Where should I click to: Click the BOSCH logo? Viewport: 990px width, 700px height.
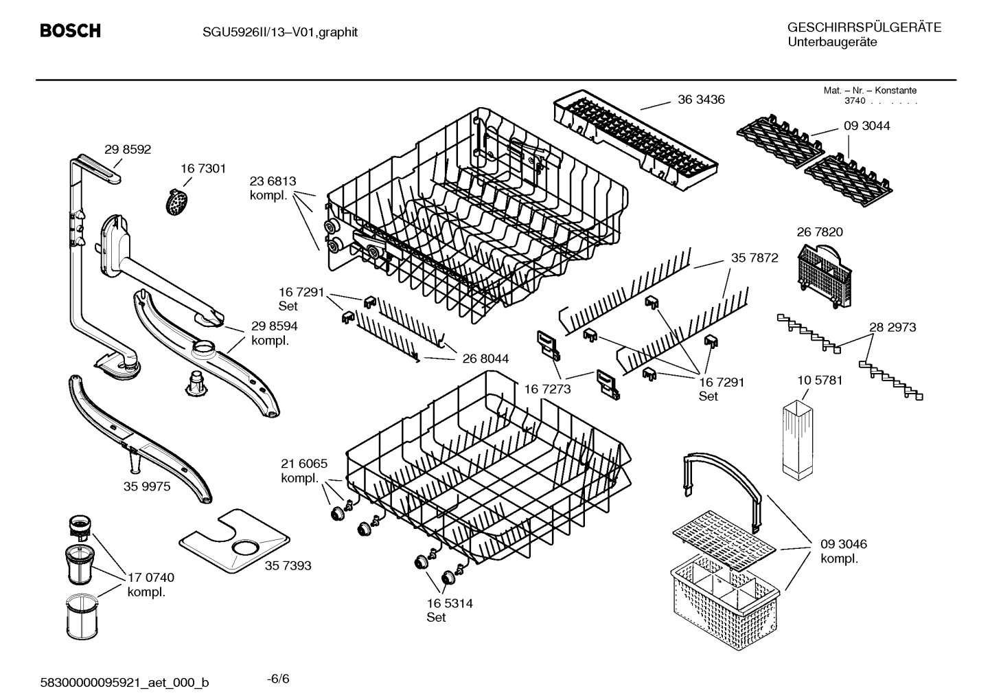70,31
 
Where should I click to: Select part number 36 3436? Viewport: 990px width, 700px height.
701,100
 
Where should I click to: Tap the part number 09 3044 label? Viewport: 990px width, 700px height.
866,126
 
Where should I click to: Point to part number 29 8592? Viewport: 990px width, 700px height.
128,150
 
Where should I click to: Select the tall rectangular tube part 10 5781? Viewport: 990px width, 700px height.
796,439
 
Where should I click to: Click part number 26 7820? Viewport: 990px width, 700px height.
819,232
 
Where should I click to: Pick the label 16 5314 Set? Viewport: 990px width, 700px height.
449,610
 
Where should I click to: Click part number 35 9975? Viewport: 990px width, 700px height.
147,486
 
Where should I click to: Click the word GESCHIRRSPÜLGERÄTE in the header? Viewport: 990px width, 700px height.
864,27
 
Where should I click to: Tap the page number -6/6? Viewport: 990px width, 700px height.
278,679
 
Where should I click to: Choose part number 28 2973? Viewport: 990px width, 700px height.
892,328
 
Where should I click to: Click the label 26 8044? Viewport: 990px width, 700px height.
485,359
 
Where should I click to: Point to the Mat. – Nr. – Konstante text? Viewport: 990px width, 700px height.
869,90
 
